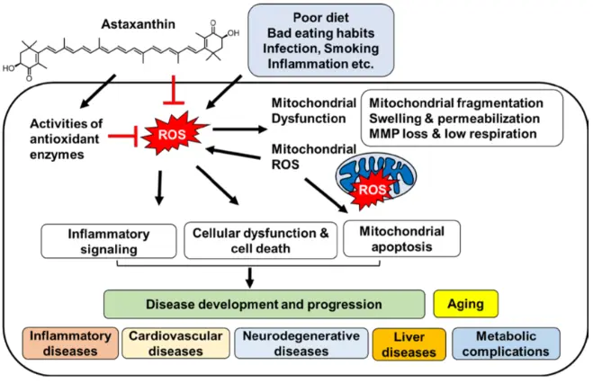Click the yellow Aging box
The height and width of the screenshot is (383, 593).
465,304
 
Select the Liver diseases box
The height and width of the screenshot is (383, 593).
409,344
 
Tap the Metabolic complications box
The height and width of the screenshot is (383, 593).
506,343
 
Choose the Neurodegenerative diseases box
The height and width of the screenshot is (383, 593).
301,343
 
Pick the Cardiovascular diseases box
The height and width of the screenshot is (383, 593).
175,343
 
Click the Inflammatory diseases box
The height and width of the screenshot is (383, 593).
70,343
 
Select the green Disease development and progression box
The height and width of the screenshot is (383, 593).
264,304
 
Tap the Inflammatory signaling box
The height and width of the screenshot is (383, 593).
109,241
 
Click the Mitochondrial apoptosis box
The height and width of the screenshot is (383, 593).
401,239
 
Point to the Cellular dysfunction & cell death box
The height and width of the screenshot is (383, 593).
261,241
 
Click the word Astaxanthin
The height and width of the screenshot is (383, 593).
138,24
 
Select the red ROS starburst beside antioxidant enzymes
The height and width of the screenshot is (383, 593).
173,135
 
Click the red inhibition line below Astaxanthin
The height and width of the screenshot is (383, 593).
174,90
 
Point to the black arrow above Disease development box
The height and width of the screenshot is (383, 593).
249,278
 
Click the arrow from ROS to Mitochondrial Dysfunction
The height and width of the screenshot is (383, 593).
239,129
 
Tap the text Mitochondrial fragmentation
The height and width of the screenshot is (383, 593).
456,103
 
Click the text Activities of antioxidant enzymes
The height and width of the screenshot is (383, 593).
67,139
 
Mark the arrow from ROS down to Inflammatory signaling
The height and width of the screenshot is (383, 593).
159,188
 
